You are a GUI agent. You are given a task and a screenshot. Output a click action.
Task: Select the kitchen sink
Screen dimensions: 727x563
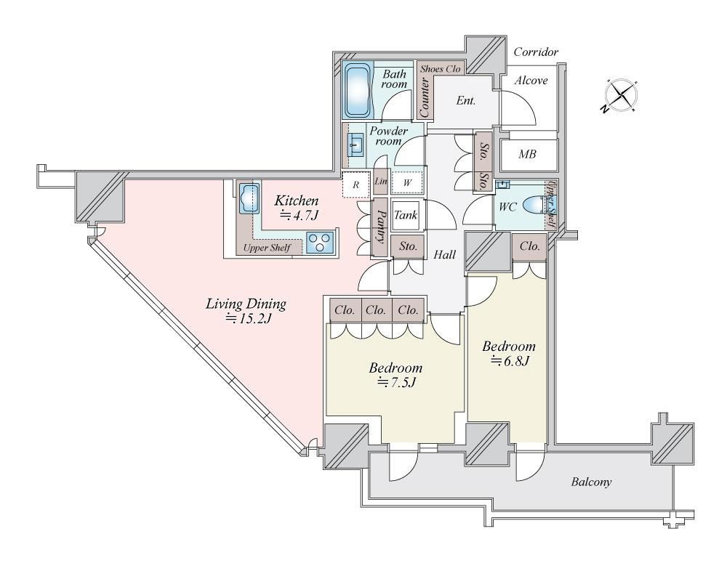pos(249,198)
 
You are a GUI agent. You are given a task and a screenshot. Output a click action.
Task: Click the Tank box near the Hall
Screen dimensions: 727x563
pos(406,215)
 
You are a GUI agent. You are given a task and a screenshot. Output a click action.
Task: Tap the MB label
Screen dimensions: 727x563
pos(527,154)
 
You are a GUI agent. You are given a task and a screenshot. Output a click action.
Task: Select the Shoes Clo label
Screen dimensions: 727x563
pos(441,69)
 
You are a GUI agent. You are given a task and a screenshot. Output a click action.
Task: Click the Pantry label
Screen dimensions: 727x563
pos(380,227)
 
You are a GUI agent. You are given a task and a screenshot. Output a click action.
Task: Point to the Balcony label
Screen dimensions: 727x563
pos(591,482)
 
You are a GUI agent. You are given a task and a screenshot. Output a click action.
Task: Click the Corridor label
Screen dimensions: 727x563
pos(536,52)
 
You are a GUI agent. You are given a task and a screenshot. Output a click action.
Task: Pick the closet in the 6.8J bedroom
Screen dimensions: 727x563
pos(529,247)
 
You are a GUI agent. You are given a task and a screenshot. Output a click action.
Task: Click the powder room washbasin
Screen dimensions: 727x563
pos(356,145)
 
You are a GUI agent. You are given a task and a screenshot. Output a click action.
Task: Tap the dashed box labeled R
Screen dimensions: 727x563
pos(356,185)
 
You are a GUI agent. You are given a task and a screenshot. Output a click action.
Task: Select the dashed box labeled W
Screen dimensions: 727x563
pos(407,182)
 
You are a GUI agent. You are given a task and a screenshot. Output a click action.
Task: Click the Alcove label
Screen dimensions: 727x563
pos(531,81)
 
